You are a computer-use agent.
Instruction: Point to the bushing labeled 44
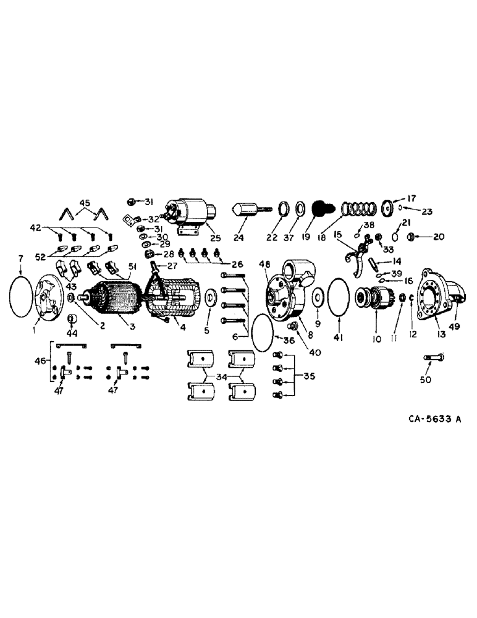[72, 320]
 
